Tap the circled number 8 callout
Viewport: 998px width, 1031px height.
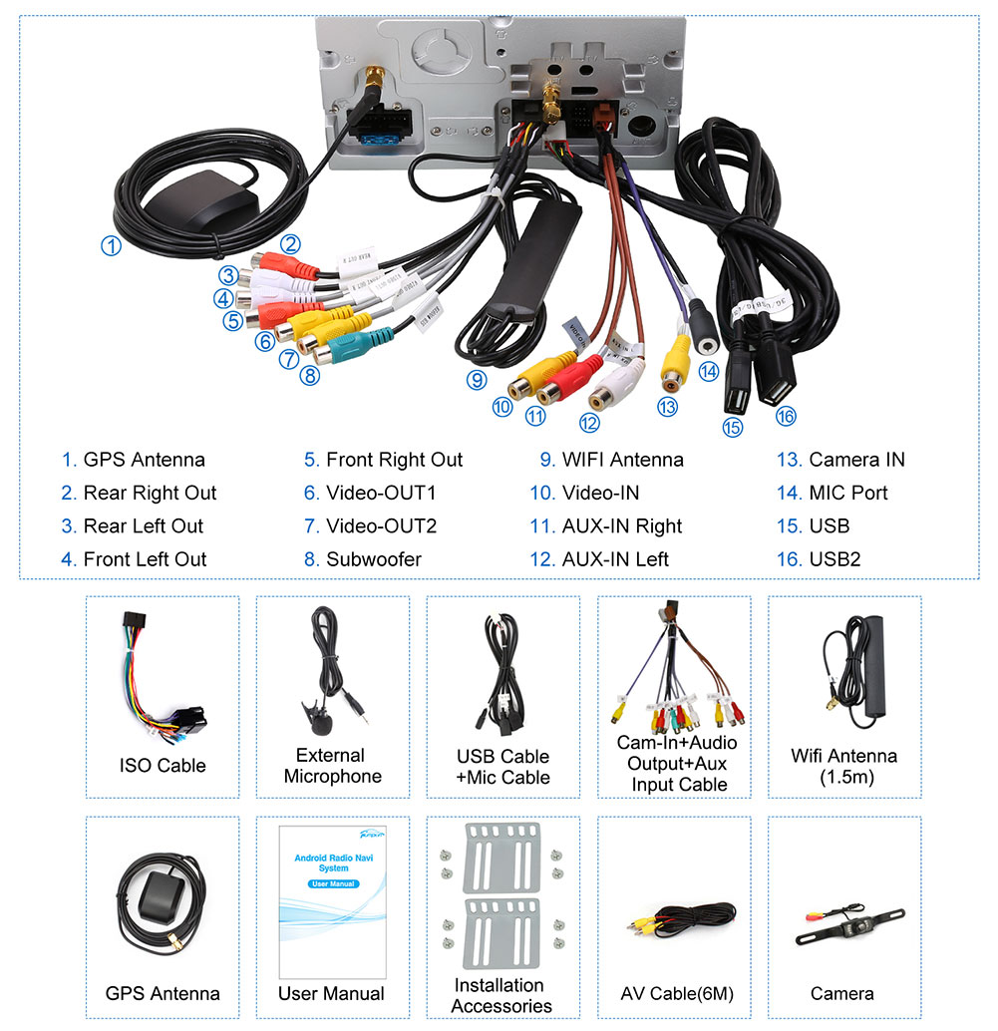click(x=310, y=375)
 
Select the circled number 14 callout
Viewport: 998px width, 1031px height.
click(x=708, y=371)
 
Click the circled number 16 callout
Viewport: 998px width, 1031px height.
click(x=786, y=417)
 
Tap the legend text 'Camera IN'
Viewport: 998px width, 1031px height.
click(x=856, y=460)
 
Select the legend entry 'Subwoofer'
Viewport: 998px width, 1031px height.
click(x=373, y=559)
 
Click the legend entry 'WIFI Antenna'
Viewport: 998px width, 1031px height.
click(x=622, y=460)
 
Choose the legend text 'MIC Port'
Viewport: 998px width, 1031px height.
click(x=847, y=493)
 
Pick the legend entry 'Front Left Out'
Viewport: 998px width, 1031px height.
click(x=145, y=559)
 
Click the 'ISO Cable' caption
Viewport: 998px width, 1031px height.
click(x=163, y=766)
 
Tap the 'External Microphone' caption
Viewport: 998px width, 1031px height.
click(x=332, y=766)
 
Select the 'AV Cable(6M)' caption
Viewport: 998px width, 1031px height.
click(x=677, y=994)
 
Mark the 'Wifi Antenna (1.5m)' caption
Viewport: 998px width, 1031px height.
click(x=843, y=766)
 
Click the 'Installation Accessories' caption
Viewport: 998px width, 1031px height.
click(x=500, y=995)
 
